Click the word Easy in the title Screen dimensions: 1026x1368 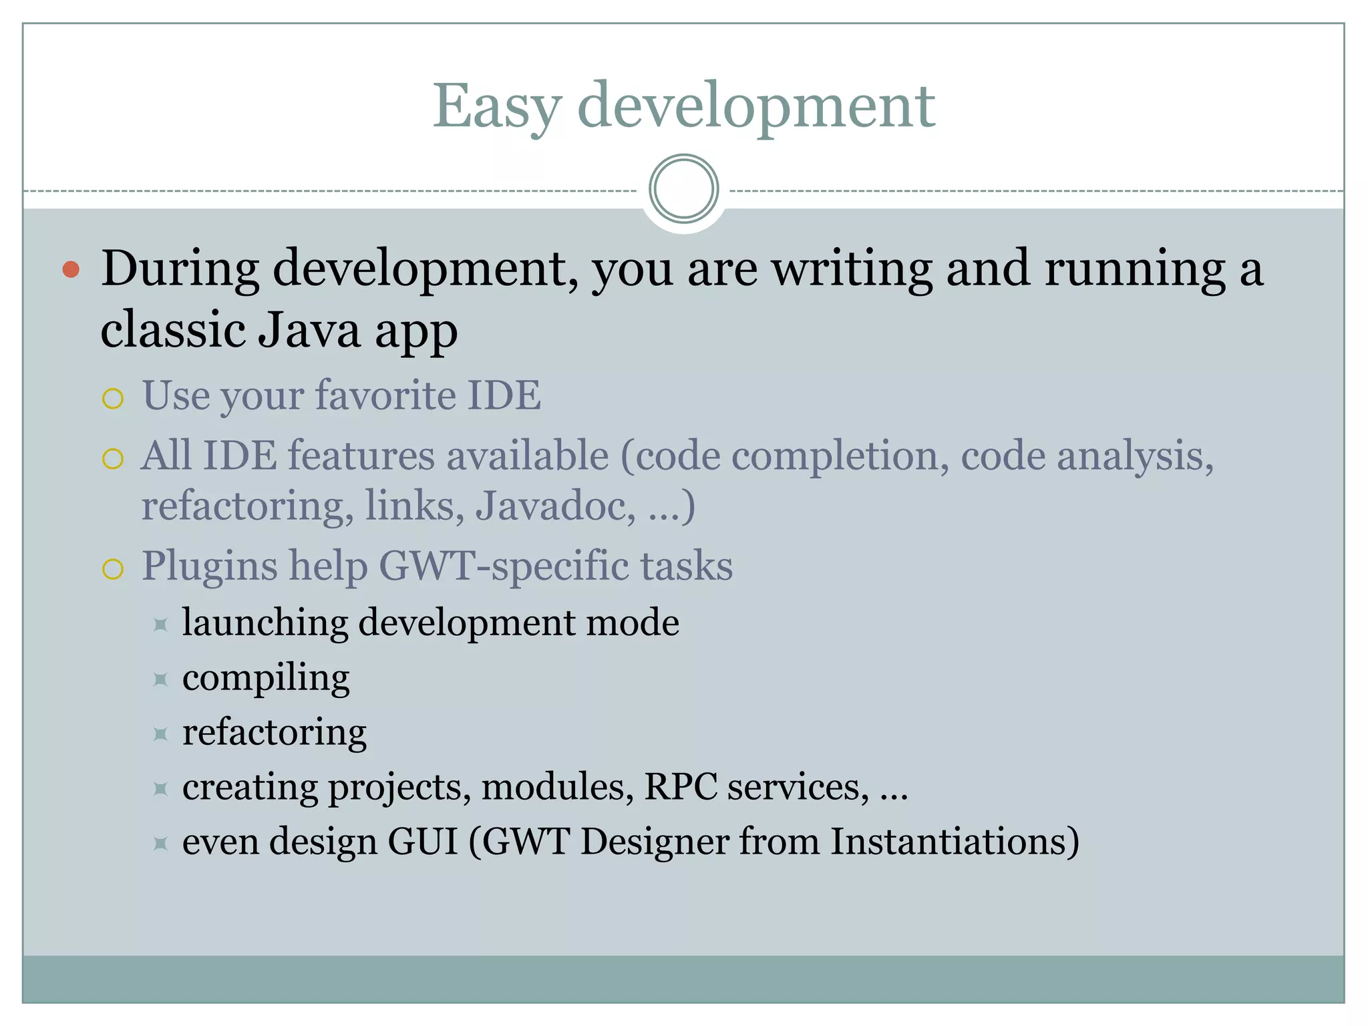496,107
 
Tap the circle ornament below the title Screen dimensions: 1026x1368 683,189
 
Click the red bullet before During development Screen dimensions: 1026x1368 71,270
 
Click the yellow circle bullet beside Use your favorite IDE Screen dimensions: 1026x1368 113,399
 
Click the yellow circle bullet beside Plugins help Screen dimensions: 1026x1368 113,569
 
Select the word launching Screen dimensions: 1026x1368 265,623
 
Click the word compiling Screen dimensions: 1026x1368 266,679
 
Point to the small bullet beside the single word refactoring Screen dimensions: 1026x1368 160,735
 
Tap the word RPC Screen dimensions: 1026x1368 680,788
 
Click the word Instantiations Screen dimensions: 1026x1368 955,842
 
